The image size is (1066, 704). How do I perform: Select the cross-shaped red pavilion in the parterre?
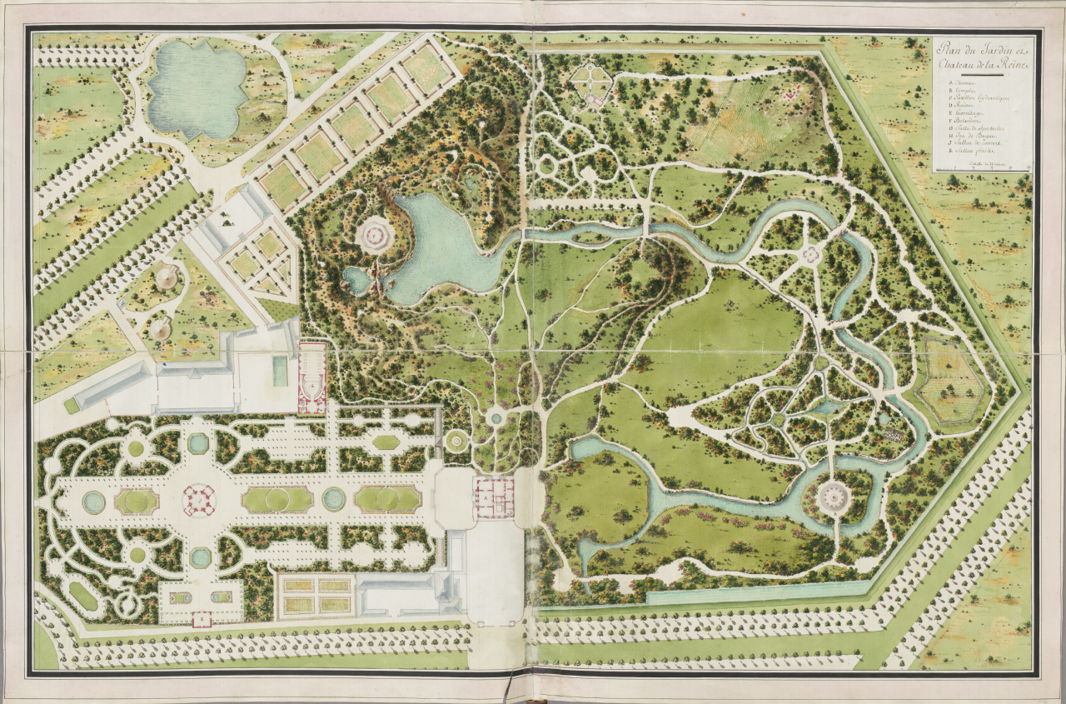[199, 499]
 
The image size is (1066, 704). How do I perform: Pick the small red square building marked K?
[201, 619]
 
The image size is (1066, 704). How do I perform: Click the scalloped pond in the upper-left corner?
[196, 90]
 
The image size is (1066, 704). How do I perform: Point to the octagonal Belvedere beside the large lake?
[375, 234]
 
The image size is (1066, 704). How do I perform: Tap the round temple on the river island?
[833, 498]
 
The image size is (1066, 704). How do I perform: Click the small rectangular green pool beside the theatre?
[280, 372]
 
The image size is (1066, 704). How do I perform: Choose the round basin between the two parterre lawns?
[334, 499]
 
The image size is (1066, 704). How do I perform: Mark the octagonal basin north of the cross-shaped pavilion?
[198, 443]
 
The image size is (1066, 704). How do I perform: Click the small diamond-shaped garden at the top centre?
[592, 82]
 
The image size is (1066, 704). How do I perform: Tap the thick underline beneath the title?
[981, 76]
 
